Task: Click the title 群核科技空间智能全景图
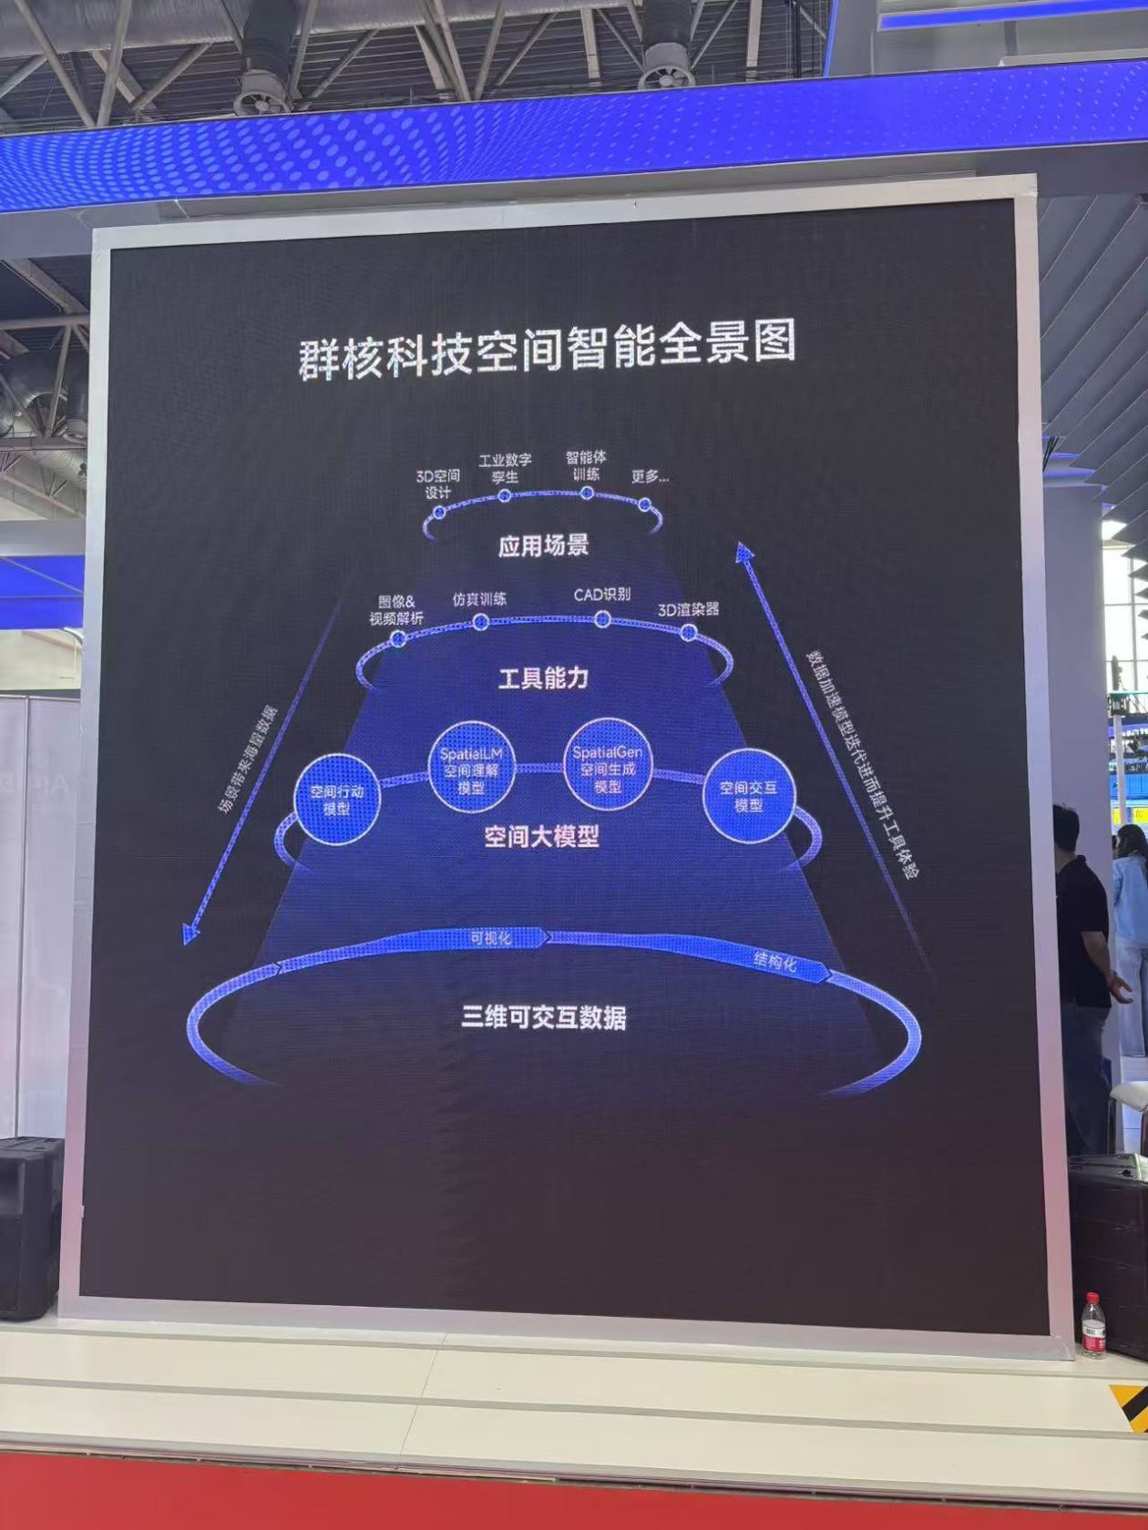547,349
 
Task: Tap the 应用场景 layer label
544,546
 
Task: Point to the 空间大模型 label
542,835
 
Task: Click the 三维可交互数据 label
544,1016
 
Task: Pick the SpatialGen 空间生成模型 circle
608,768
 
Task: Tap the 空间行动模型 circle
336,799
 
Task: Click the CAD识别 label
601,595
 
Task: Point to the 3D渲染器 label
689,608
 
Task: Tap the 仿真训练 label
479,599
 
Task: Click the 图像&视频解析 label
396,610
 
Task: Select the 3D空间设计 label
438,484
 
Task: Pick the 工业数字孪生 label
505,468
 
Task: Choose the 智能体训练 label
586,465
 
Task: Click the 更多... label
650,476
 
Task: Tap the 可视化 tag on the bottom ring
490,937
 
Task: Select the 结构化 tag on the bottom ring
774,960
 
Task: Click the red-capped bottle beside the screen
1093,1326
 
